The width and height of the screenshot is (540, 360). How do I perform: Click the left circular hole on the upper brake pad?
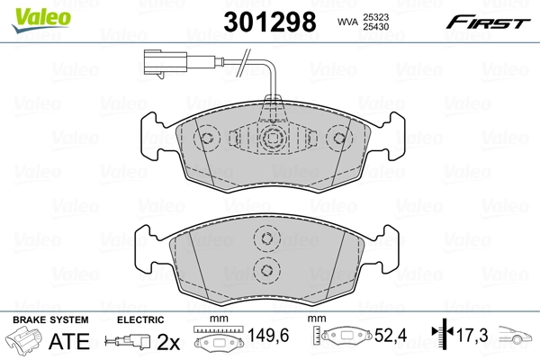click(208, 139)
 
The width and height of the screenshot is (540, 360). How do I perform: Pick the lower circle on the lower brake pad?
click(265, 269)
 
